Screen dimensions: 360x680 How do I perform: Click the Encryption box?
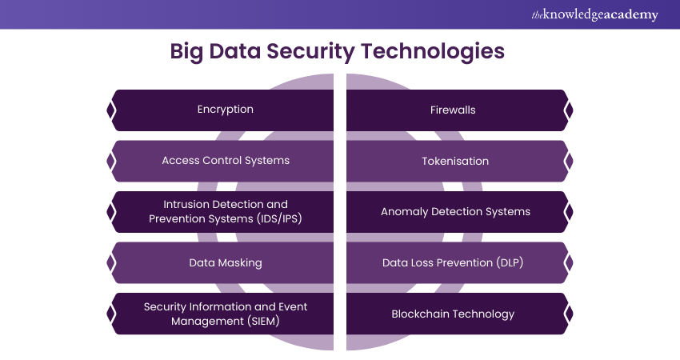click(x=225, y=110)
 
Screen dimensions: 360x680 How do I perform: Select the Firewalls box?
click(x=453, y=110)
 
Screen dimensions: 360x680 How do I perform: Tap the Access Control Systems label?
click(x=225, y=160)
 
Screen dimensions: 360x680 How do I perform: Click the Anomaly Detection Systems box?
click(x=454, y=212)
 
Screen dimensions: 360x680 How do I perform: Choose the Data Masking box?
click(x=225, y=262)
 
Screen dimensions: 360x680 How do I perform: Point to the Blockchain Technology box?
click(x=453, y=314)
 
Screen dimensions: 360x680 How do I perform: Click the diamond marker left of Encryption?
click(x=110, y=110)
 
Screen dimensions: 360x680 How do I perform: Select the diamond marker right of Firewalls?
click(x=569, y=110)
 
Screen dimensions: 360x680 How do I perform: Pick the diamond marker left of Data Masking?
click(x=110, y=262)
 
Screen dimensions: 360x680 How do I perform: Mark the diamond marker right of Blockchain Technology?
click(x=569, y=314)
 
